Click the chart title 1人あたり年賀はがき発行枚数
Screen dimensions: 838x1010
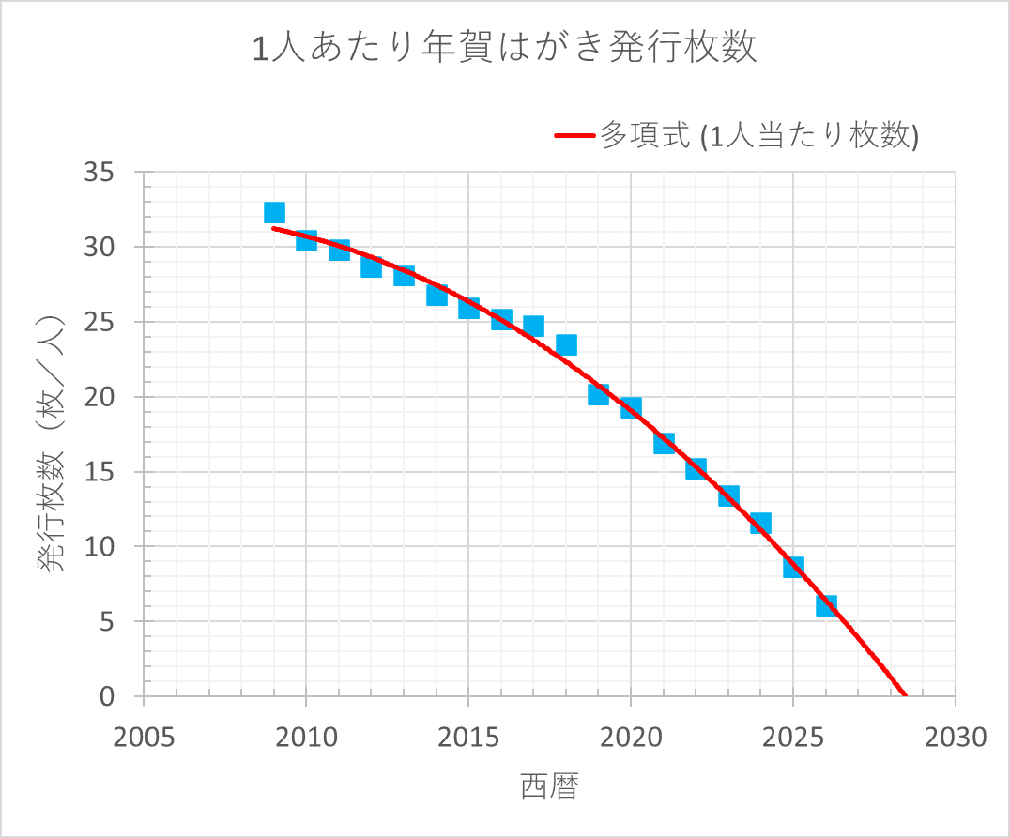tap(505, 48)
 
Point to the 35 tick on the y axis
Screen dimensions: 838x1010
tap(100, 173)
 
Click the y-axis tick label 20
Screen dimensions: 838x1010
tap(100, 397)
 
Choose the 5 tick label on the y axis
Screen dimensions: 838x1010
tap(109, 621)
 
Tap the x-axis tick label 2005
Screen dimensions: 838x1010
tap(144, 738)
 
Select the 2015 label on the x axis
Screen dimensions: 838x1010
tap(468, 738)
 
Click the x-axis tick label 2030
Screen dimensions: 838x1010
tap(956, 738)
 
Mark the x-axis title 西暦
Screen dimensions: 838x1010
tap(549, 787)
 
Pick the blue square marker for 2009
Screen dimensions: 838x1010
tap(274, 213)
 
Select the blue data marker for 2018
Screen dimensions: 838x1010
tap(566, 344)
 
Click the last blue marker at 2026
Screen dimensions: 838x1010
tap(826, 605)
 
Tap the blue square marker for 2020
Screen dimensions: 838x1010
tap(631, 407)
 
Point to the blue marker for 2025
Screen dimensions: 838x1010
tap(793, 567)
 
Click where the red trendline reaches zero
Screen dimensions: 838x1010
tap(905, 695)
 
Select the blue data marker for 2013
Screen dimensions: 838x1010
tap(404, 275)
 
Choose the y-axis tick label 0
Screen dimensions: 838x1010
tap(109, 696)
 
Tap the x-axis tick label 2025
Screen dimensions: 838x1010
tap(793, 738)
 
